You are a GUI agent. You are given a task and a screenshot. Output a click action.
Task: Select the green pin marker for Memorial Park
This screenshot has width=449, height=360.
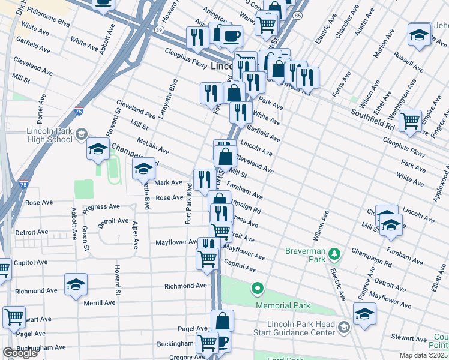(258, 290)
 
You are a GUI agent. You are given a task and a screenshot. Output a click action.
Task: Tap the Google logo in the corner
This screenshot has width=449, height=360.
(19, 353)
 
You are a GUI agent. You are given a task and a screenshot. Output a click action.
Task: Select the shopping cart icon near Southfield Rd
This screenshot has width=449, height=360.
(411, 121)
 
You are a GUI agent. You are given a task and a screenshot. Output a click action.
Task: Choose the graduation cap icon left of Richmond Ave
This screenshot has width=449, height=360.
(76, 284)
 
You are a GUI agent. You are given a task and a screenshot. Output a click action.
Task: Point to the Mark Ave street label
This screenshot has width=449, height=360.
(168, 182)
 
